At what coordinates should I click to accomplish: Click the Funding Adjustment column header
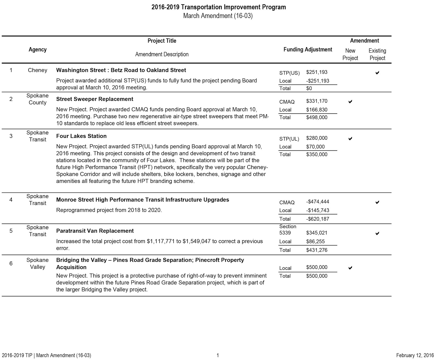pos(308,50)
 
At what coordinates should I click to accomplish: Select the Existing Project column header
pos(377,54)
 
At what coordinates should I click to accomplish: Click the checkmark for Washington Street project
pos(377,73)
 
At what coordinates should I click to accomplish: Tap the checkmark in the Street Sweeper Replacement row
pos(350,102)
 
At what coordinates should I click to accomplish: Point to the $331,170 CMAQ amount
pos(317,101)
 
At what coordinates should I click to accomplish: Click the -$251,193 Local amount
pos(318,81)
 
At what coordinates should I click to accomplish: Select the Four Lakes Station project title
pos(81,136)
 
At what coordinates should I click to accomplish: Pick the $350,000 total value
pos(317,154)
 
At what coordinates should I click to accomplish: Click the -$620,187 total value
pos(318,219)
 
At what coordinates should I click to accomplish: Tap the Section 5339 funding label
pos(288,230)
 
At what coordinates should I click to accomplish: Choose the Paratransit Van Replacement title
pos(95,231)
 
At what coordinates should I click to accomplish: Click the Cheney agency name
pos(38,70)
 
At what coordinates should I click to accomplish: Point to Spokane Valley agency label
pos(38,263)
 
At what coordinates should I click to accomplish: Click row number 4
pos(11,200)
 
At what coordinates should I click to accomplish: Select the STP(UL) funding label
pos(289,139)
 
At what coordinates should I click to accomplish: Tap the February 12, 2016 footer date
pos(415,355)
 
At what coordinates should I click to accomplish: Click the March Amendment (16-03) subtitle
pos(218,16)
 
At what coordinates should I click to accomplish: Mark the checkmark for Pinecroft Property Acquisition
pos(350,268)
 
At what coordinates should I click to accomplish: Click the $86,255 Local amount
pos(315,241)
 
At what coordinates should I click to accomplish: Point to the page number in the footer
pos(218,355)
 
